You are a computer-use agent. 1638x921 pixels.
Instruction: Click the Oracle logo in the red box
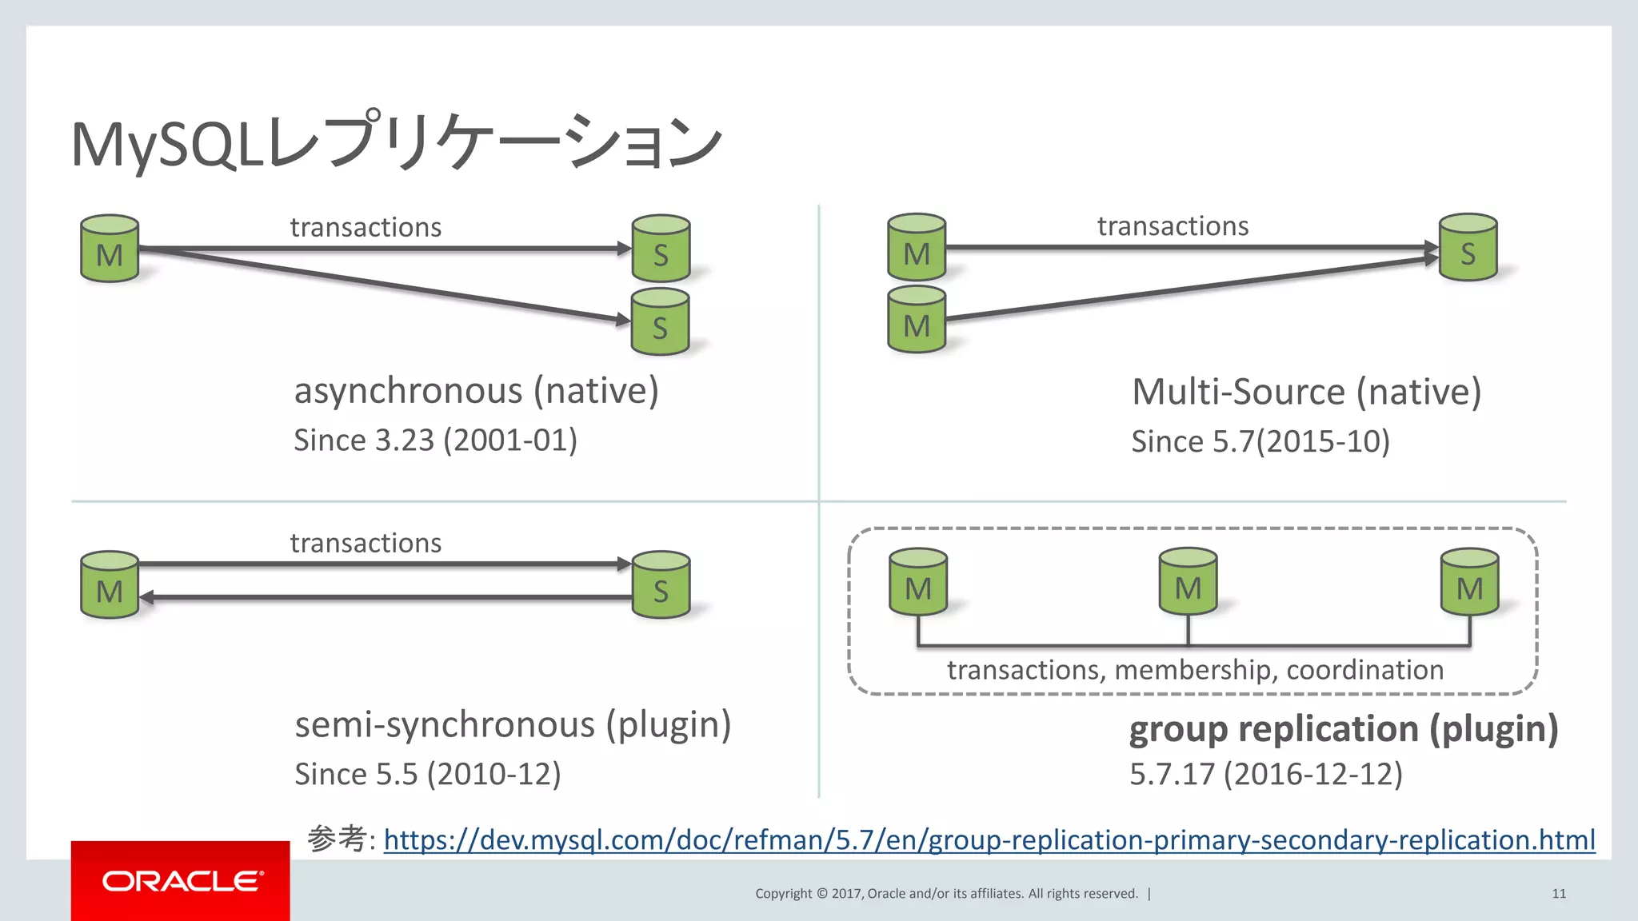(181, 881)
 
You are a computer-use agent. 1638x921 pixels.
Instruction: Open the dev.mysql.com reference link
(989, 839)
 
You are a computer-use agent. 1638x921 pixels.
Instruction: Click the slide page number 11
(1558, 894)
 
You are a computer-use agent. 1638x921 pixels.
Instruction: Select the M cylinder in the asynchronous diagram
(110, 249)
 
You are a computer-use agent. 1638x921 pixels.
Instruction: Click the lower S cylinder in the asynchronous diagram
(660, 322)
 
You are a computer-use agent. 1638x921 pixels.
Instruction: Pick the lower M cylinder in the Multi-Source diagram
(917, 321)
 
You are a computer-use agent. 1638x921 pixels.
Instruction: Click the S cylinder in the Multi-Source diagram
(1468, 248)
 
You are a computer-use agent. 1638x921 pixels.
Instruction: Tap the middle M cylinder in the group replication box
(1188, 582)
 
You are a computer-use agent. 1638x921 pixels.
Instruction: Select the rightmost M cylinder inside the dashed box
(1469, 582)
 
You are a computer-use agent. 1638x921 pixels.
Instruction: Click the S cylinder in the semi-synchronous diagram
(661, 585)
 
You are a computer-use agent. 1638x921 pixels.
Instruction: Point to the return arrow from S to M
(384, 597)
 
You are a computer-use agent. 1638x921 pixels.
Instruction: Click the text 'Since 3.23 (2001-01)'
(435, 441)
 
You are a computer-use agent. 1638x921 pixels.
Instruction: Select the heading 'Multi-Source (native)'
(1306, 392)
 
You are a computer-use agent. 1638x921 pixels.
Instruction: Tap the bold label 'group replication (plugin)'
(1343, 729)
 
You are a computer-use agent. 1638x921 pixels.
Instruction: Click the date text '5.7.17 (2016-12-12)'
(1265, 774)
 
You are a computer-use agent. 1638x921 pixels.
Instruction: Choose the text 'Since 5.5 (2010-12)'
(427, 774)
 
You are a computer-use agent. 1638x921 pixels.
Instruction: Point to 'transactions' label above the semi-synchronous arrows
(366, 543)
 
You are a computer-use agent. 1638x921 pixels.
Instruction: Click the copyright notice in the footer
(946, 894)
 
